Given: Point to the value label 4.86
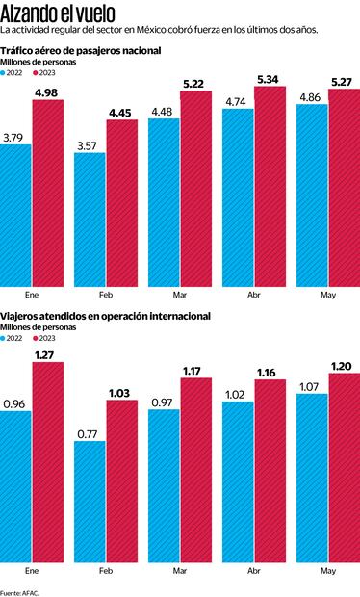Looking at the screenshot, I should tap(313, 98).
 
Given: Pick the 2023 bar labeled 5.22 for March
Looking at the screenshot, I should tap(196, 188).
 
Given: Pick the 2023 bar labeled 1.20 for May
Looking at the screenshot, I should tap(344, 466).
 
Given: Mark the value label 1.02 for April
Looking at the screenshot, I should tap(238, 394).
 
